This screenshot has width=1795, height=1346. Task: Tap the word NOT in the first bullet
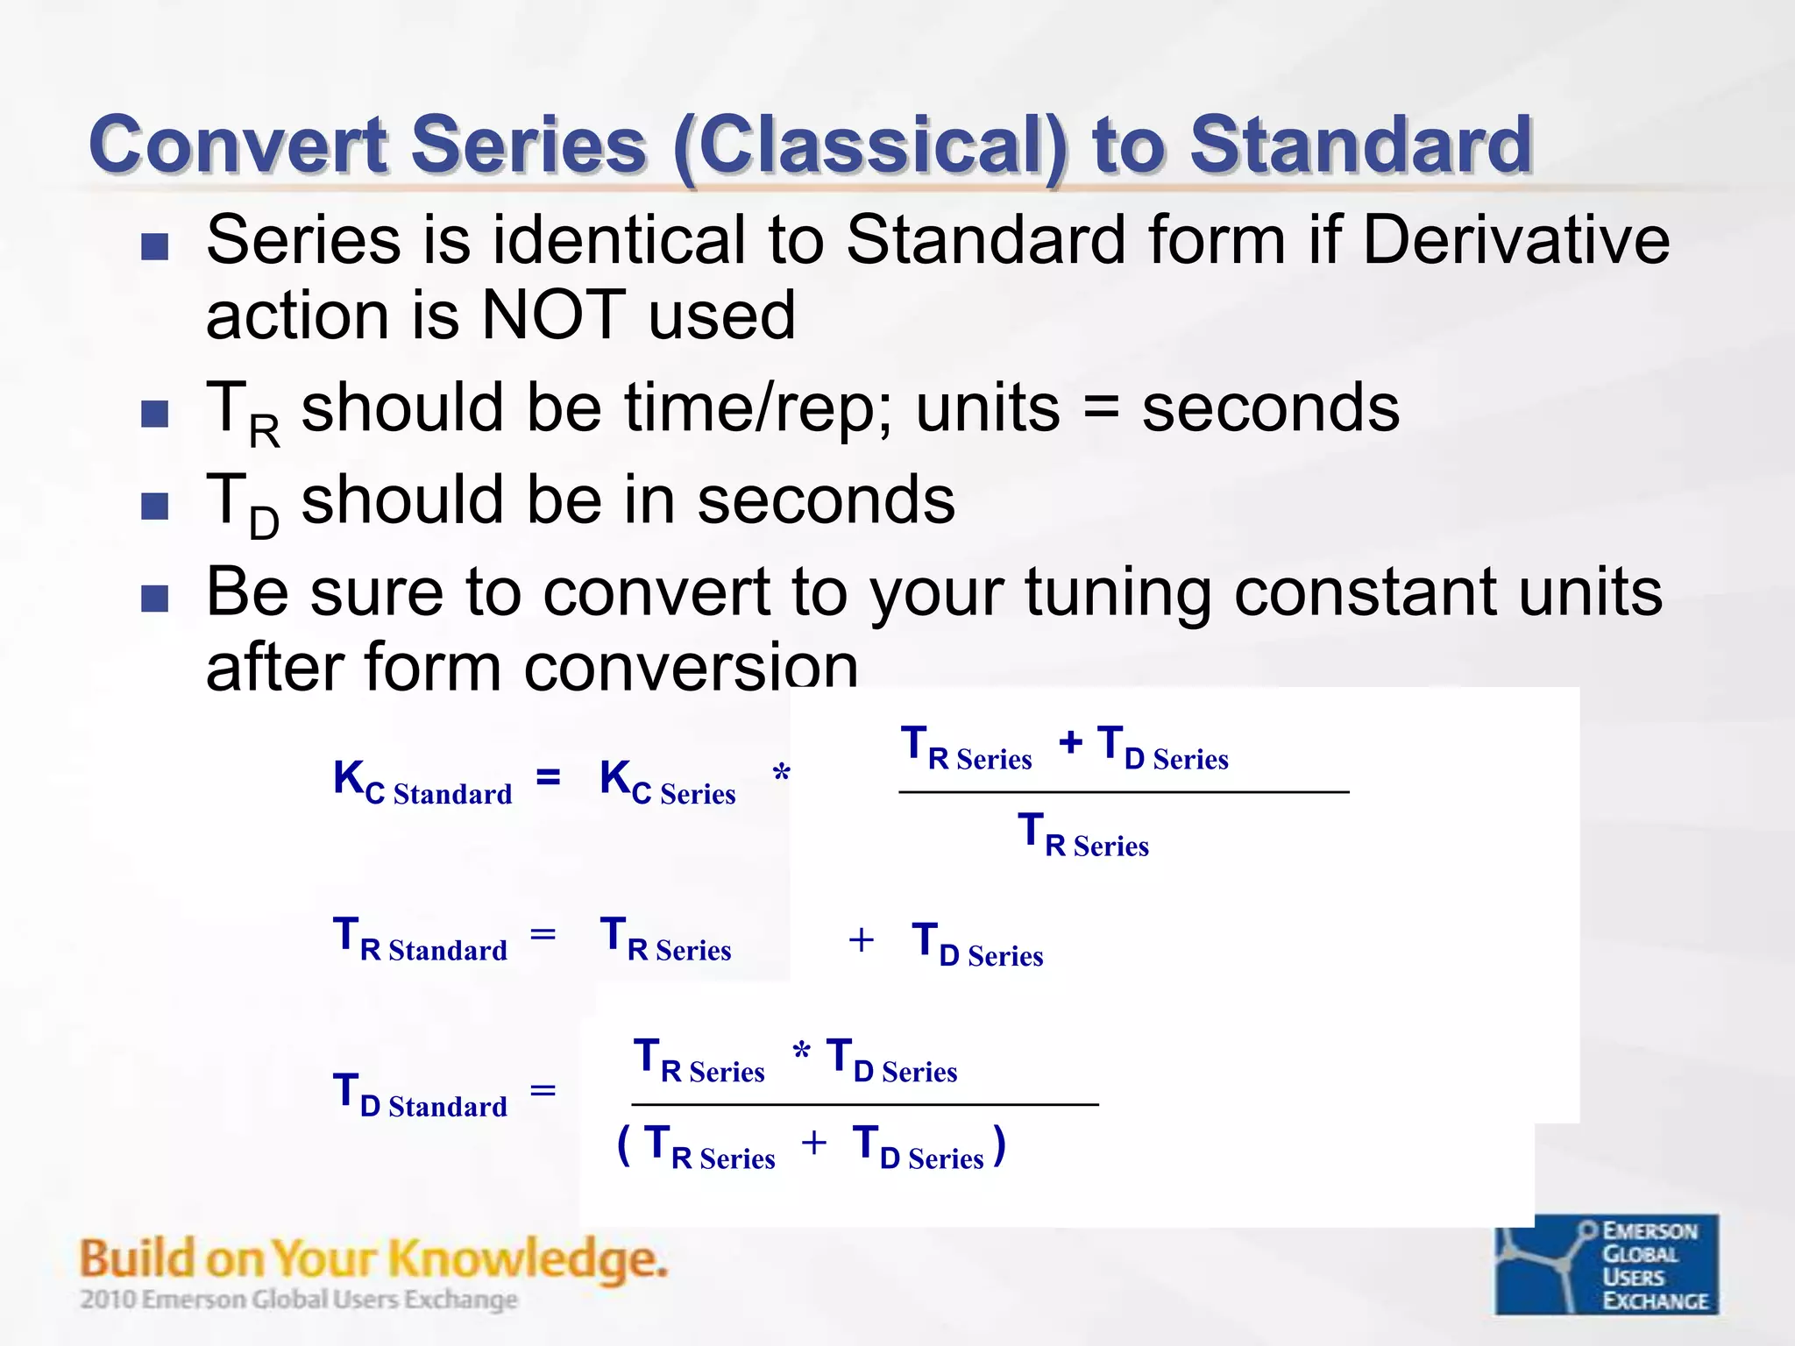point(554,315)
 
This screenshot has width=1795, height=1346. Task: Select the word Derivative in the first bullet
point(1515,240)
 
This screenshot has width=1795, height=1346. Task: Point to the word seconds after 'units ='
point(1271,408)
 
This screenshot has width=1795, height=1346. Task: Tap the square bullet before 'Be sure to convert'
point(154,599)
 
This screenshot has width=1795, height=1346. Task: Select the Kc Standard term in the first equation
point(422,782)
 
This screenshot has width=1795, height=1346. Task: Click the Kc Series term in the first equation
point(667,782)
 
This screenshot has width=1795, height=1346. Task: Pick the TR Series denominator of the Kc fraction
point(1083,834)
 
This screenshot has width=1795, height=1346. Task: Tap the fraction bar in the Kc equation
point(1123,792)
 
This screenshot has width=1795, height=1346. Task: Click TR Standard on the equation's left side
point(421,939)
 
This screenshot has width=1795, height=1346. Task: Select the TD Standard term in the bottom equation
point(421,1095)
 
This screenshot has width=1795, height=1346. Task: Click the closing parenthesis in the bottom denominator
point(999,1144)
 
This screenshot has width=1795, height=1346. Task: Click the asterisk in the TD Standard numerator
point(801,1050)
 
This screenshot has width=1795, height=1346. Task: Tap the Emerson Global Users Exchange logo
point(1606,1264)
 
